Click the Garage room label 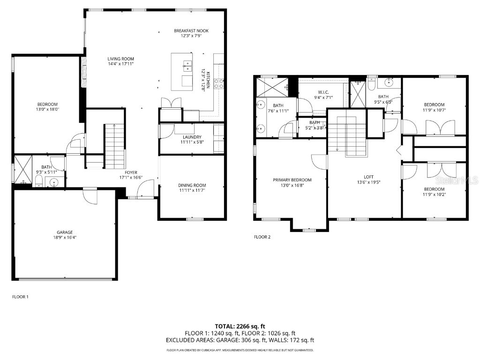65,232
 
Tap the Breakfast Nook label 191,31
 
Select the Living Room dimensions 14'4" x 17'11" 121,65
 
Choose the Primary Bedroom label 292,180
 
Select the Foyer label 131,172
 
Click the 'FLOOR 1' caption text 20,297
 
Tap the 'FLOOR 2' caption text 262,237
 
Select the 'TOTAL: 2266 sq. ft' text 240,326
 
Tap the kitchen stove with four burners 218,83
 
